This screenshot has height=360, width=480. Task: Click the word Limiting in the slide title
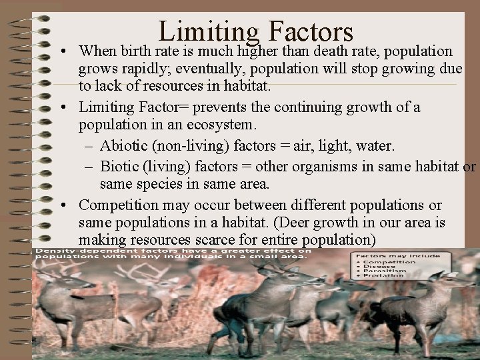(208, 32)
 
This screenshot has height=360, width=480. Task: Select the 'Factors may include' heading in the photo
(397, 255)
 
